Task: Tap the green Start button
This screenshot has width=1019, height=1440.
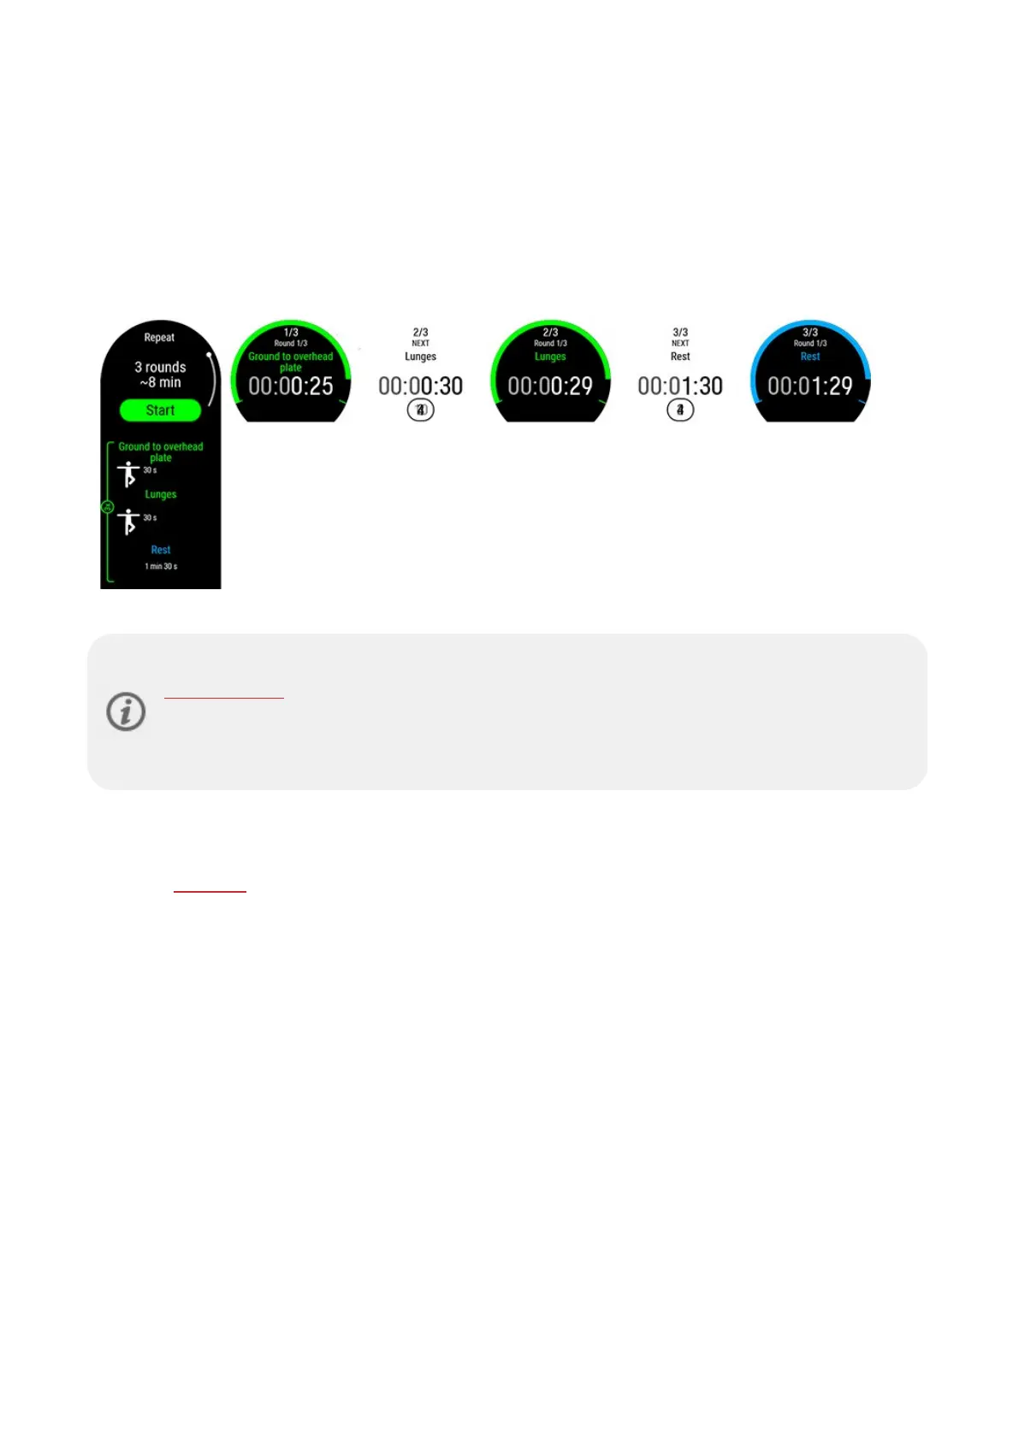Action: (160, 410)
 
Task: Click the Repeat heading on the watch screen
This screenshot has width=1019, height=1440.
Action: (159, 338)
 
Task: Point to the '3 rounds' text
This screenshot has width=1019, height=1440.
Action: (160, 367)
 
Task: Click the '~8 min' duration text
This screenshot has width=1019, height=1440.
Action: (160, 383)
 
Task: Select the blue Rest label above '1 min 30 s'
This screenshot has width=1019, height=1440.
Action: (161, 550)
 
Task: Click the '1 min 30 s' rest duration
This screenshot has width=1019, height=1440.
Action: (161, 566)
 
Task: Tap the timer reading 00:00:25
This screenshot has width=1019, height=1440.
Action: (291, 387)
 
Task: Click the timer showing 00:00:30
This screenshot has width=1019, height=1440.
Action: (420, 387)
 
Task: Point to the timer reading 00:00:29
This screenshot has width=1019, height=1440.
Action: (550, 387)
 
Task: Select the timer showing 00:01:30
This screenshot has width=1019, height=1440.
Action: (680, 387)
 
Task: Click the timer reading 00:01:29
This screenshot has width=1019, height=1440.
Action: (810, 387)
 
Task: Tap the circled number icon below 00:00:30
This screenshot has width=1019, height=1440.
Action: (420, 410)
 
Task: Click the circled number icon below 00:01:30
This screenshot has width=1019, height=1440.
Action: (680, 410)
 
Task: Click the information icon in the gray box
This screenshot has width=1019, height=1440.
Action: (126, 711)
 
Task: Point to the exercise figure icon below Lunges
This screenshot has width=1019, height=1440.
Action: (128, 521)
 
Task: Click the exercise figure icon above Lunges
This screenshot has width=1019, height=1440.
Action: (128, 474)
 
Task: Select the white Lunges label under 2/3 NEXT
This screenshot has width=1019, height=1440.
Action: (420, 357)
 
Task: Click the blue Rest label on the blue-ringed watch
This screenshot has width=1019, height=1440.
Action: (810, 357)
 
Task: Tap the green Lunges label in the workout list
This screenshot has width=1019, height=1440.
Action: (161, 494)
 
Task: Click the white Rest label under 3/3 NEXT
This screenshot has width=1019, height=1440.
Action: (680, 357)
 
